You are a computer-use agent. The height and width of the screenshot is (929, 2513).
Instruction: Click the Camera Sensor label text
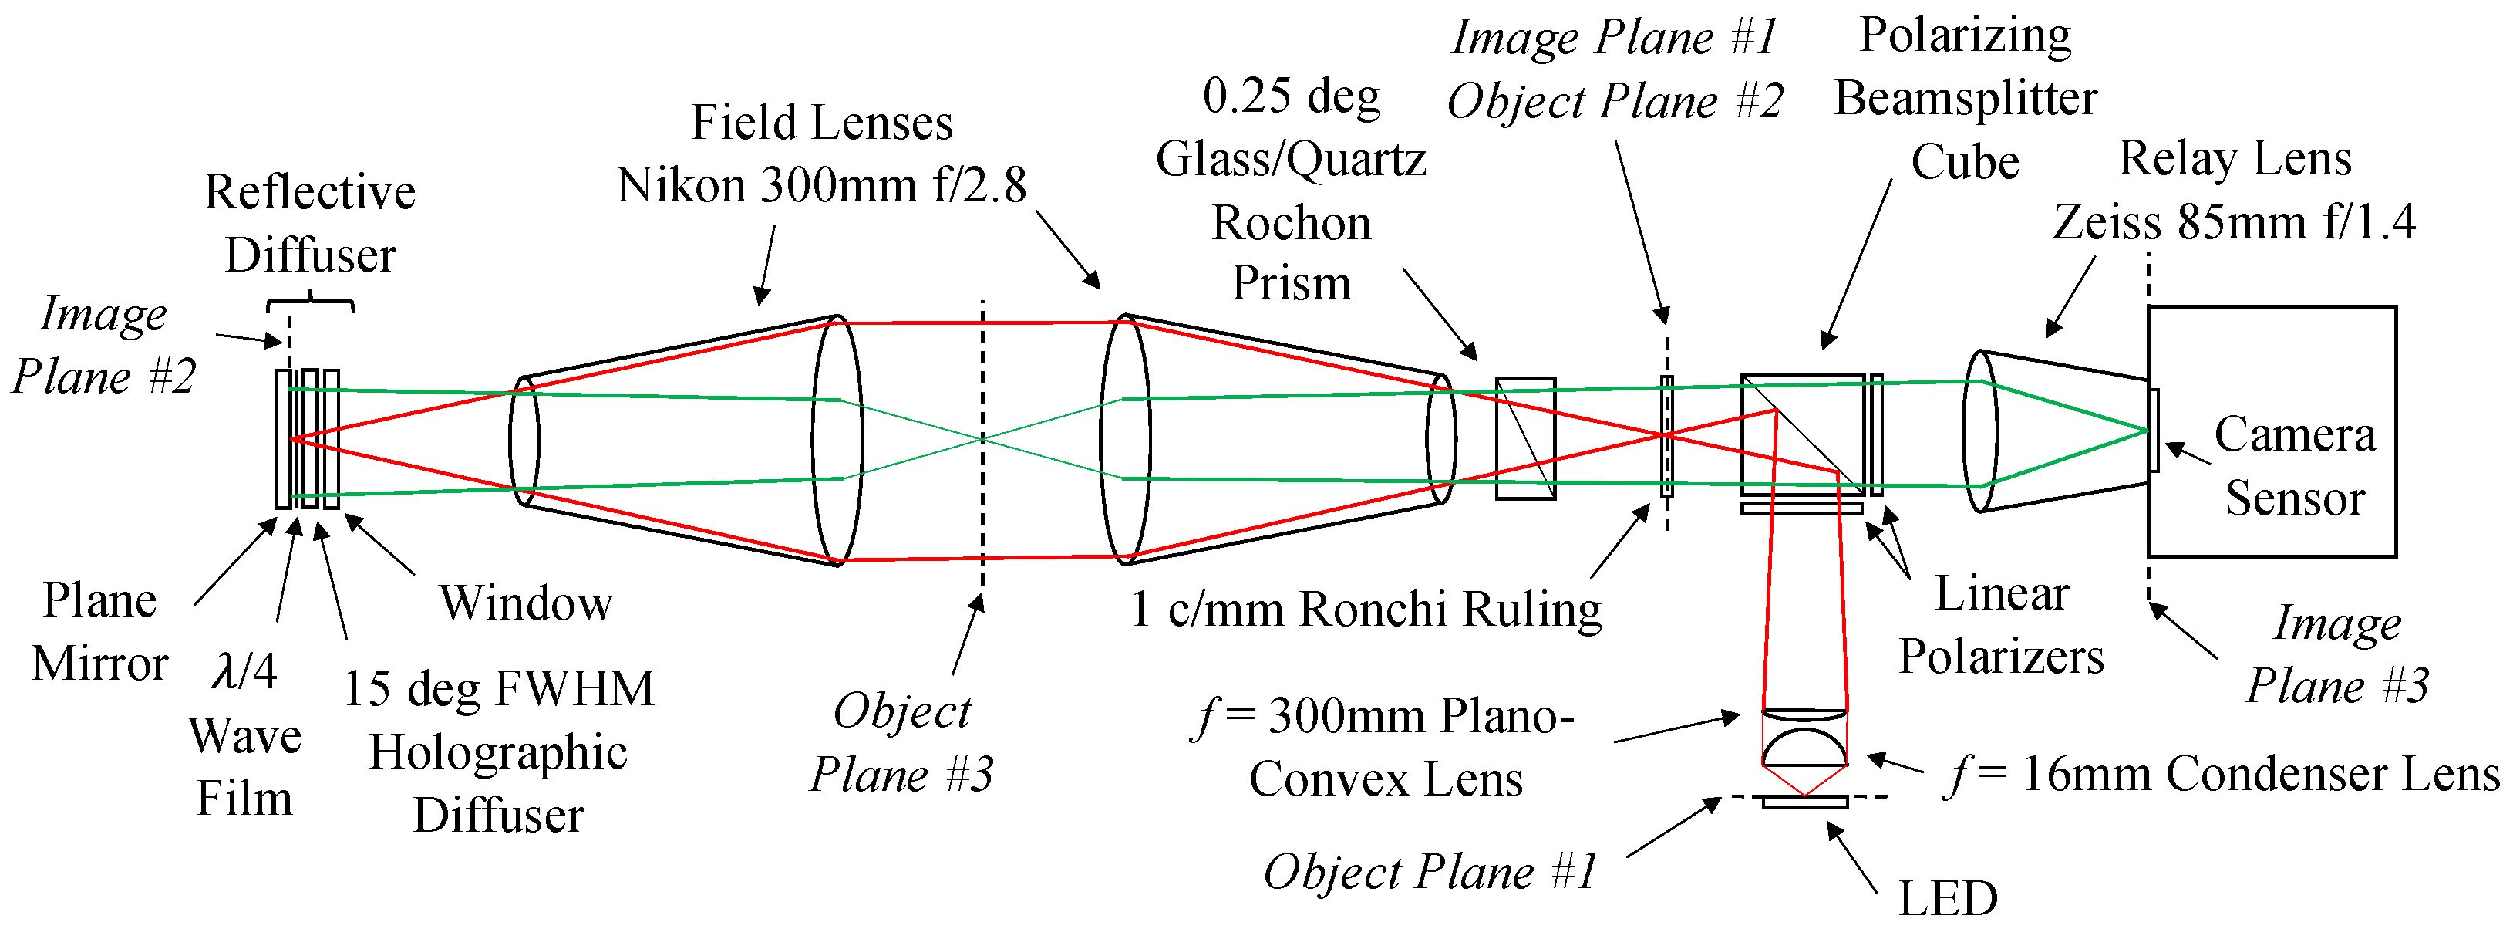pos(2295,467)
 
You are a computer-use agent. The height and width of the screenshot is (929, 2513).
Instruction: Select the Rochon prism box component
pos(1524,439)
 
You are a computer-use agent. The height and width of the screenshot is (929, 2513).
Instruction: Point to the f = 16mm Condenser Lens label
pos(2222,775)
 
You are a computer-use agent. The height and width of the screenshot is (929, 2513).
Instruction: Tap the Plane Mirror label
pos(99,631)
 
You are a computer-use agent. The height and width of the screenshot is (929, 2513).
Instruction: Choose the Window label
pos(525,603)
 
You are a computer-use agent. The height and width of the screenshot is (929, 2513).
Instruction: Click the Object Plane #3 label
pos(901,742)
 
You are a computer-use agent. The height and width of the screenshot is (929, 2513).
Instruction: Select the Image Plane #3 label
pos(2337,654)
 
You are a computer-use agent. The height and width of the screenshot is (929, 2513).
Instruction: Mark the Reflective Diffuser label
pos(309,222)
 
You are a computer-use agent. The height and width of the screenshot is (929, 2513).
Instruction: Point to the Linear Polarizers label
pos(2001,624)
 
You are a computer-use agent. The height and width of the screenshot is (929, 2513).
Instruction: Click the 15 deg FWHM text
pos(497,689)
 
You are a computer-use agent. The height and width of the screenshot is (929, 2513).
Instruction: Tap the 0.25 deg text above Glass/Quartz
pos(1291,96)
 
